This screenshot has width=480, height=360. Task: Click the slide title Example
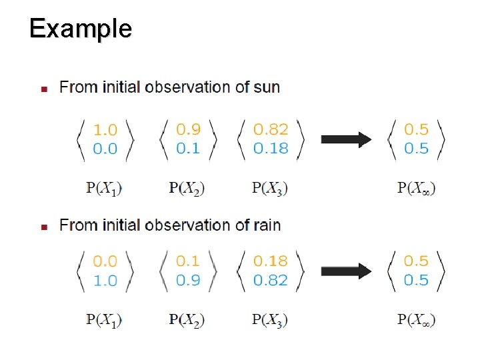[81, 29]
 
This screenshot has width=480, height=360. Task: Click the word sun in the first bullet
[267, 87]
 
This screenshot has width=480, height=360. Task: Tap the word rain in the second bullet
[267, 225]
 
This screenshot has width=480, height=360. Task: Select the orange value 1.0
[105, 129]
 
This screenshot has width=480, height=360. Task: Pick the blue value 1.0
[105, 280]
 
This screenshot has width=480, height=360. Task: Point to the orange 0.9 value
[187, 129]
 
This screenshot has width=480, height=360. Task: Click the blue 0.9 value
[187, 280]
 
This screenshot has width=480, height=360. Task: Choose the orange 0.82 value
[271, 129]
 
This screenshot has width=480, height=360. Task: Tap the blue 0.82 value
[271, 280]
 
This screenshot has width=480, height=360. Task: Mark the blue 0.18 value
[271, 148]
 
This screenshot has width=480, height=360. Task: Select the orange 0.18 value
[271, 261]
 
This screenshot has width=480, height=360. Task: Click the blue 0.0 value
[105, 148]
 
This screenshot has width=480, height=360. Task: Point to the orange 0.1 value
[187, 261]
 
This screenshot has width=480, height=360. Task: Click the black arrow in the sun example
[346, 139]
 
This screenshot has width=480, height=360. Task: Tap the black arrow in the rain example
[346, 271]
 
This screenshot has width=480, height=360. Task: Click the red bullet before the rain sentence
[43, 227]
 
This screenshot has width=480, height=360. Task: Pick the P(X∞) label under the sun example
[417, 189]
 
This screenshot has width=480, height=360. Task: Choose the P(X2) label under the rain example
[187, 320]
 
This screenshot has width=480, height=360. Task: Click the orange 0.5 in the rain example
[416, 261]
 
